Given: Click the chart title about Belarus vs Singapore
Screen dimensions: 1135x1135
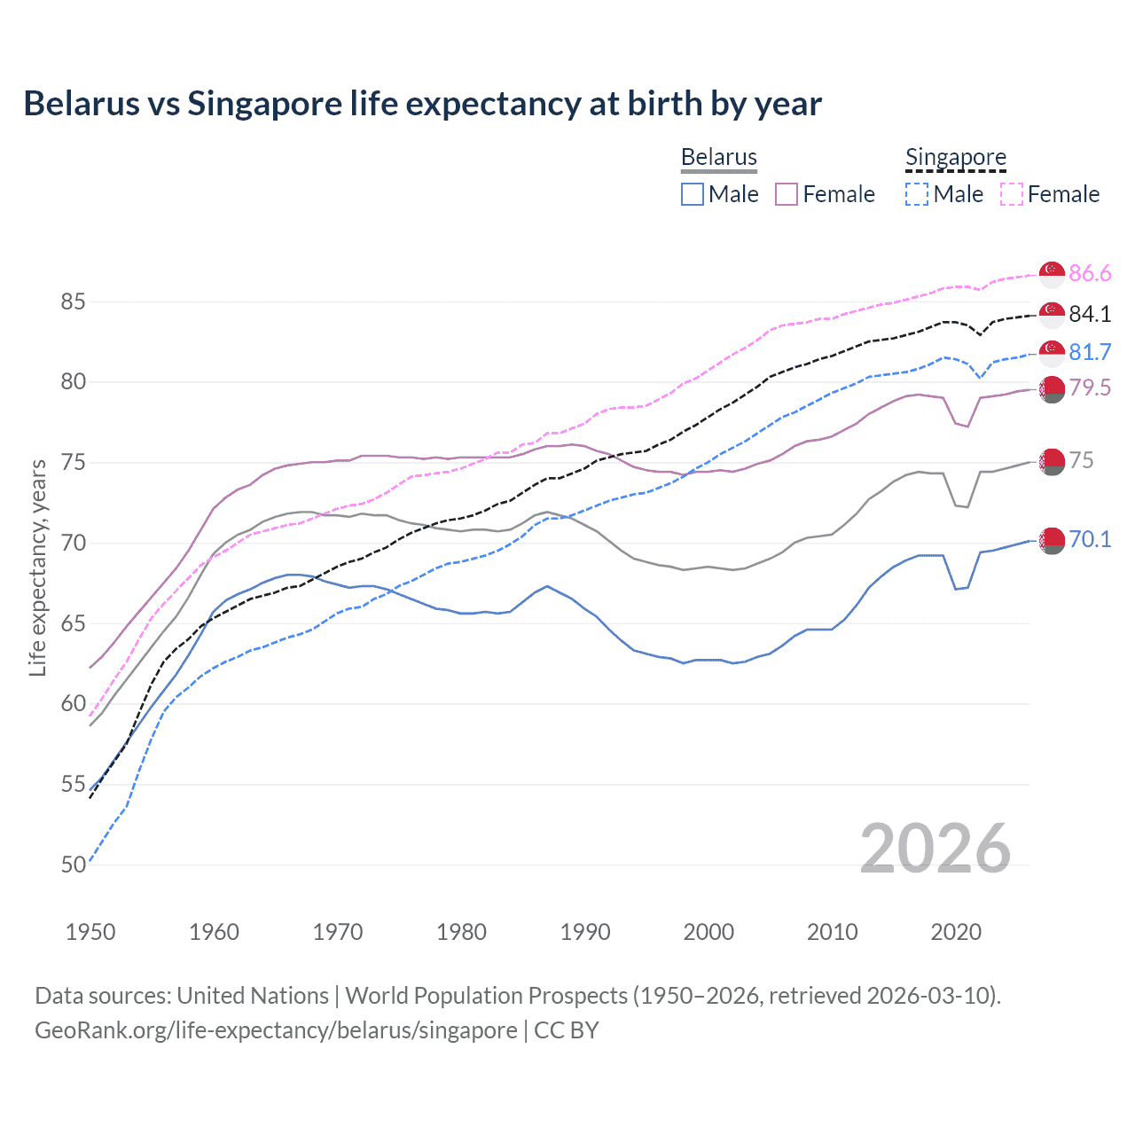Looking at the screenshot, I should [x=422, y=104].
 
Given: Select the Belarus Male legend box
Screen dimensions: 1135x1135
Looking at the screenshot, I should [x=693, y=194].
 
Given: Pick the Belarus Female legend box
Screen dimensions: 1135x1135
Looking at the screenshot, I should [x=787, y=194].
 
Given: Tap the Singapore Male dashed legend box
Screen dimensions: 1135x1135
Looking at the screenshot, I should [x=917, y=194].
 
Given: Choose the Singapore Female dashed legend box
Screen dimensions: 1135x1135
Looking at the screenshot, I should [x=1011, y=194].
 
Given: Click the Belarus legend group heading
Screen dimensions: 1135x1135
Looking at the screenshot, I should [x=719, y=157].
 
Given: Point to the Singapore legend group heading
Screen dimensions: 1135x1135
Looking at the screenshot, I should [x=956, y=157].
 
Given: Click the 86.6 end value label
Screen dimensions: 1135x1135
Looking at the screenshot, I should [x=1090, y=274].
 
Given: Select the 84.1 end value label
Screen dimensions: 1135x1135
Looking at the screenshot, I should [x=1090, y=314].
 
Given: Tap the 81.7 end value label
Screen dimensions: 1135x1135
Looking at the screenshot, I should [x=1090, y=353].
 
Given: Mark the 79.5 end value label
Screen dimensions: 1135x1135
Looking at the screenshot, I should [x=1090, y=388].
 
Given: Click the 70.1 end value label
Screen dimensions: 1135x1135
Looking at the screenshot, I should [x=1090, y=540].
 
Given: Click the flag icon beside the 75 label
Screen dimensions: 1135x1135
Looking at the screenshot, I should [x=1052, y=461].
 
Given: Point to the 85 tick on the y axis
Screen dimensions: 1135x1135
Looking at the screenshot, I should [x=73, y=302].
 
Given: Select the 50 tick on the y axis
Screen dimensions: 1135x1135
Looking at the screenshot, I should [x=73, y=865].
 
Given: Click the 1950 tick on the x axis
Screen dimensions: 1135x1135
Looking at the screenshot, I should [x=90, y=932].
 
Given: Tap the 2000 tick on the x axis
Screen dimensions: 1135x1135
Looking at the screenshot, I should [x=708, y=932].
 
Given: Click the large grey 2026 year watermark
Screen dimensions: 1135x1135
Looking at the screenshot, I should [x=935, y=849].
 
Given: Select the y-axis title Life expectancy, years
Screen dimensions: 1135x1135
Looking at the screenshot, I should [x=38, y=567].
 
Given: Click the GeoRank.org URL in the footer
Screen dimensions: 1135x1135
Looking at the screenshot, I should [x=276, y=1030].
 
